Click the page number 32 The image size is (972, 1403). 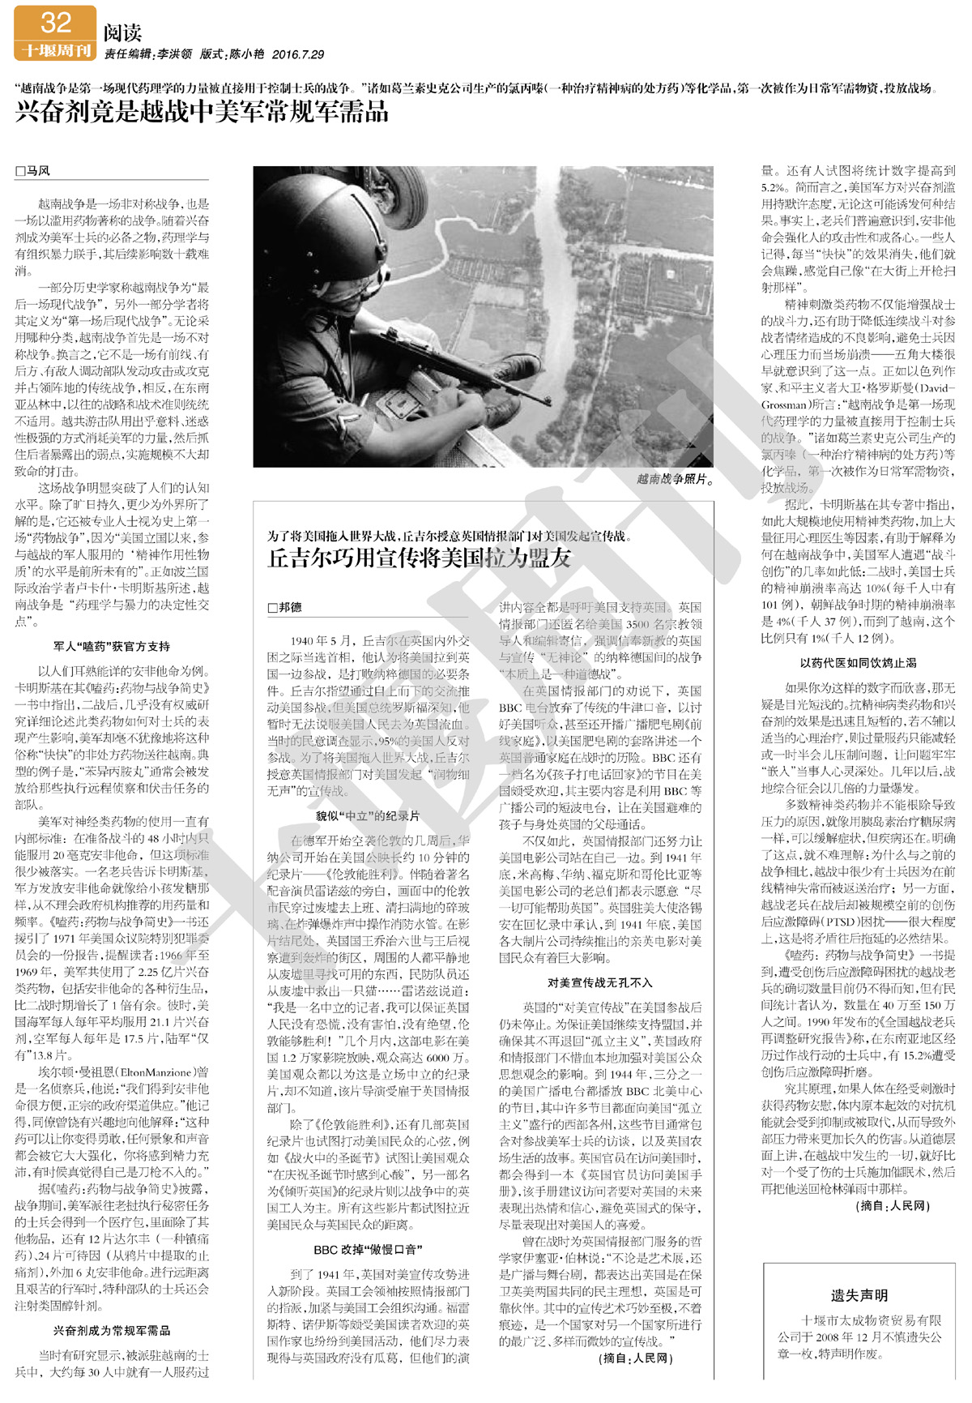[55, 22]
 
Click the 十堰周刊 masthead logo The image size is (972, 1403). [55, 50]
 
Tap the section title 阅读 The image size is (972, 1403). [123, 32]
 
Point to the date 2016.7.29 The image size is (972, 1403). [298, 54]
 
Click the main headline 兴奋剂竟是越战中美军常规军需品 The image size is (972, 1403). [202, 111]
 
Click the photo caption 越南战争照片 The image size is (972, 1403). [675, 479]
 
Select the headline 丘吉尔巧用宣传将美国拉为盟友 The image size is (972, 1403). [420, 558]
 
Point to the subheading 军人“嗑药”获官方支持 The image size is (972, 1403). [112, 646]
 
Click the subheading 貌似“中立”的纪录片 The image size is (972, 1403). [368, 816]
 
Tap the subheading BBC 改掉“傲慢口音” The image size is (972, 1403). [368, 1249]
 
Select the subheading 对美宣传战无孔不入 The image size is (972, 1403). [599, 982]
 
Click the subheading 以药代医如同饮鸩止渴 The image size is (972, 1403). [858, 662]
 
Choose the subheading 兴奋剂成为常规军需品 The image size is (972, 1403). [112, 1330]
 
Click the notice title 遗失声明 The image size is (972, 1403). [859, 1295]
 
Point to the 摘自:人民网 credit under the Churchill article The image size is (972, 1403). [636, 1358]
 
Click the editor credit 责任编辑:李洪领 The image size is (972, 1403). [148, 54]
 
